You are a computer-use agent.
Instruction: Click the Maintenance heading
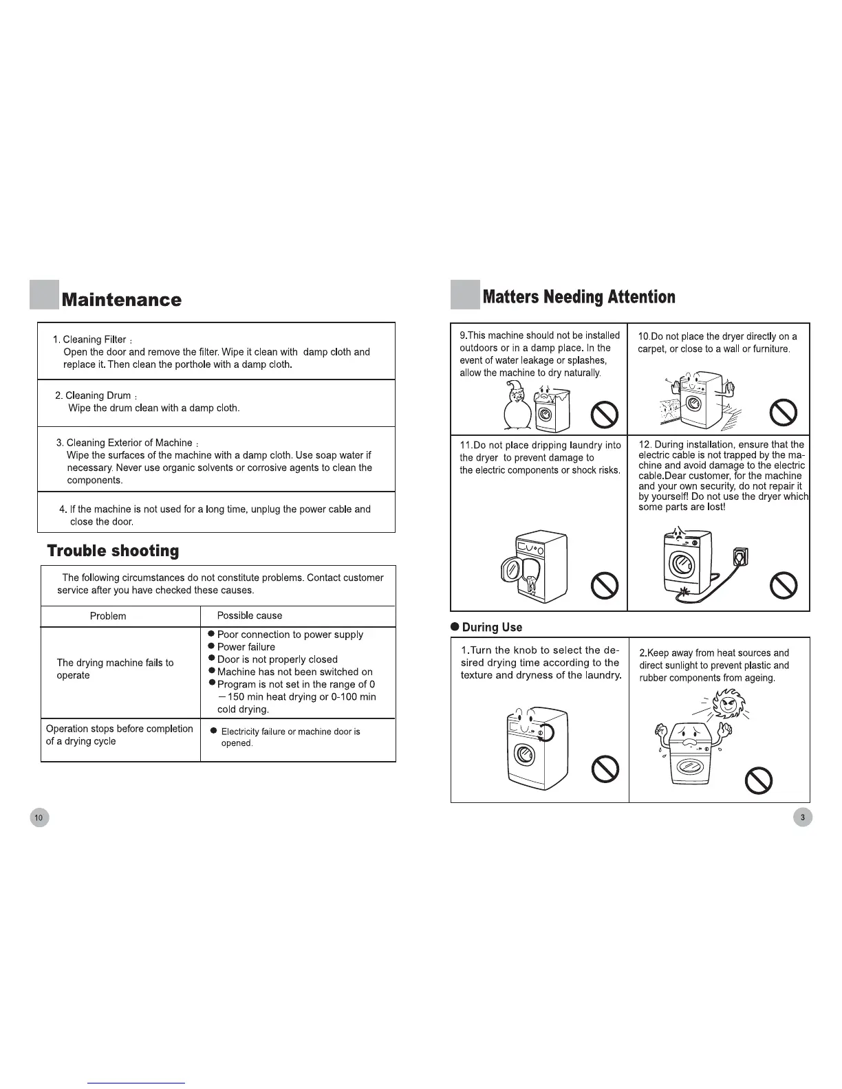click(121, 300)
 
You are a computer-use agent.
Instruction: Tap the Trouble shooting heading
click(112, 551)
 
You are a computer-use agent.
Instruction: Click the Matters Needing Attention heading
click(579, 297)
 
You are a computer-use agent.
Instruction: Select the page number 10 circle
click(39, 817)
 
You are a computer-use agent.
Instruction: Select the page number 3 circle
click(802, 817)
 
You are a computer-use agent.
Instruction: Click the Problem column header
click(108, 616)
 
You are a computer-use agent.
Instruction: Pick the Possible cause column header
click(249, 615)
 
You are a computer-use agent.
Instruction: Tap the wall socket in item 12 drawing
click(741, 555)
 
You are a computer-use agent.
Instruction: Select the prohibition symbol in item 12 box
click(784, 584)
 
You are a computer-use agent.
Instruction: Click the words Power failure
click(246, 647)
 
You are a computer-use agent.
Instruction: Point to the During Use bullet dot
click(455, 627)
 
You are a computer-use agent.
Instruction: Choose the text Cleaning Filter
click(94, 340)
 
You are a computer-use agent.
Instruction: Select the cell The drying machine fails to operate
click(115, 669)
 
